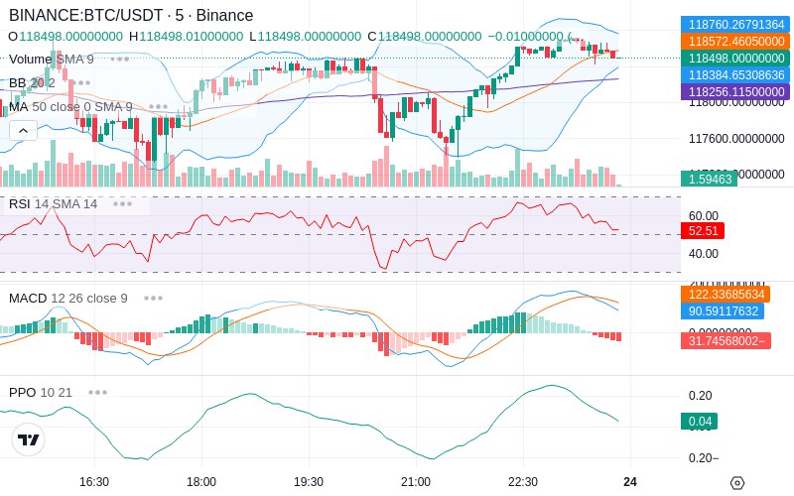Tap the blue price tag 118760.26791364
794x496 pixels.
click(733, 25)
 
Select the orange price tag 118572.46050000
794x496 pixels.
click(733, 42)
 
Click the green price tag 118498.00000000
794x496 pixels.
click(733, 59)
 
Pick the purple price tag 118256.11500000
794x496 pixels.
click(733, 92)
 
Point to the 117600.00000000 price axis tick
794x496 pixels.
click(736, 138)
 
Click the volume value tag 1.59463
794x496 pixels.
click(708, 180)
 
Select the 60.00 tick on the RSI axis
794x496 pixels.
click(704, 215)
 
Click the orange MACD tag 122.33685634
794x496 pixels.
click(733, 295)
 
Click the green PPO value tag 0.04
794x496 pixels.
click(699, 421)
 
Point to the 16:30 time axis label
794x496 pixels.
click(94, 481)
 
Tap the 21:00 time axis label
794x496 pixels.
click(416, 481)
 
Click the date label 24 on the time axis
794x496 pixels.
click(629, 481)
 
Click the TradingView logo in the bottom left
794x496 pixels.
click(29, 439)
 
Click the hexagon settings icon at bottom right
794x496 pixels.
click(736, 483)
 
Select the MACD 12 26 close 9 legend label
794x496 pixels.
click(67, 298)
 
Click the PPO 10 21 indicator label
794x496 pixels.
click(41, 392)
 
